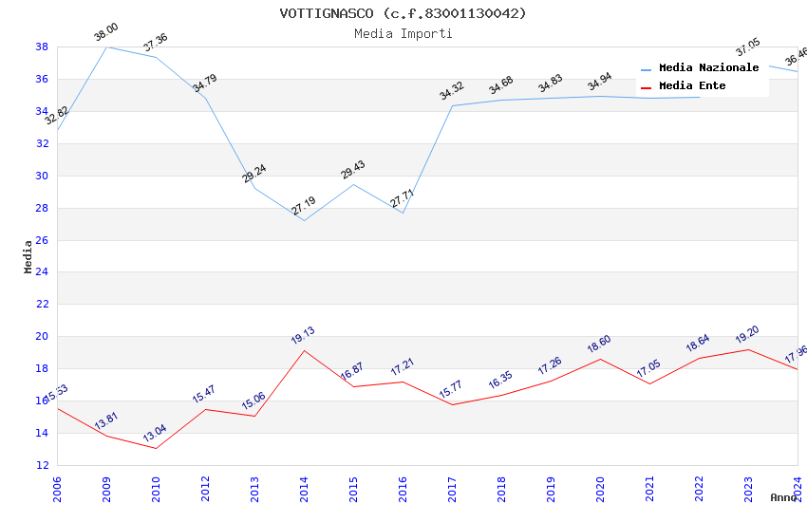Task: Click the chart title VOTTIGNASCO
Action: click(403, 13)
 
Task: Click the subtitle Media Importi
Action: click(403, 33)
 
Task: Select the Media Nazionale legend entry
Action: click(708, 68)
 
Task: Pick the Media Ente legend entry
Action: click(692, 86)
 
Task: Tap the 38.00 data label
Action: click(105, 34)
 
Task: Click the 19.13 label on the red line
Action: click(303, 335)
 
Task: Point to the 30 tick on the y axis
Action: click(43, 176)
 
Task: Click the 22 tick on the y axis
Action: click(43, 305)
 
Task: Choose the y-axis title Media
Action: click(28, 256)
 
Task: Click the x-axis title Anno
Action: click(783, 497)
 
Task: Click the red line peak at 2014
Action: click(304, 350)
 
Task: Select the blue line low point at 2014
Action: click(304, 221)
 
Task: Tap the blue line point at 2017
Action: click(452, 105)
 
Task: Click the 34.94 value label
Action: click(599, 81)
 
